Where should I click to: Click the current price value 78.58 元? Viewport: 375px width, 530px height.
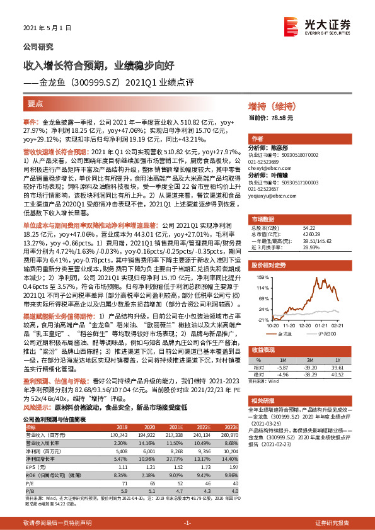[x=280, y=118]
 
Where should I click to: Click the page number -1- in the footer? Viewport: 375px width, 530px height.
[x=187, y=523]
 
